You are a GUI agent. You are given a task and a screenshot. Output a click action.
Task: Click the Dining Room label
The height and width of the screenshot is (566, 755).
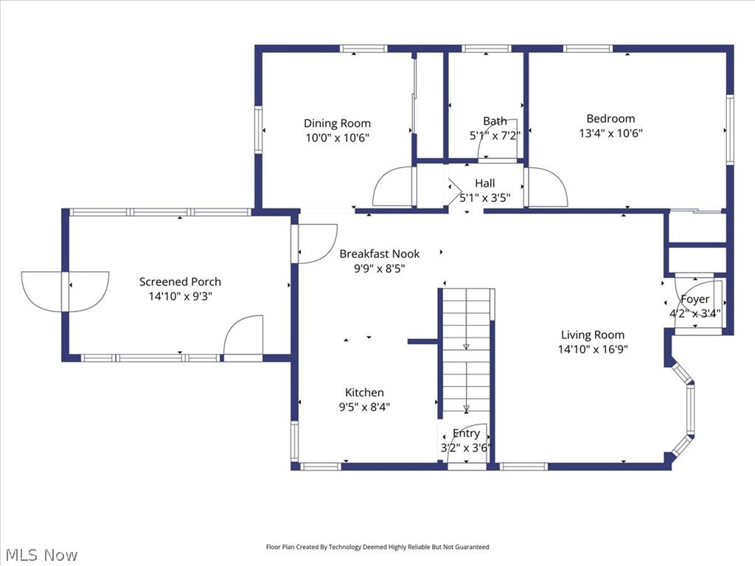pos(337,123)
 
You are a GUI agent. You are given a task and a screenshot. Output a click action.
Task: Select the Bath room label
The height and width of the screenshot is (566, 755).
pos(495,121)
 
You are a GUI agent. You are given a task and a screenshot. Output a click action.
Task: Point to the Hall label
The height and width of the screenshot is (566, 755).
pos(484,183)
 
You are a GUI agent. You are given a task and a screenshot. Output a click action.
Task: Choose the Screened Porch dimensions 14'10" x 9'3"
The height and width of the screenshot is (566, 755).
pos(180,296)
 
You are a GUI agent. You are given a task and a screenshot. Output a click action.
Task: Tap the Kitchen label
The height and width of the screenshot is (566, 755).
pos(364,393)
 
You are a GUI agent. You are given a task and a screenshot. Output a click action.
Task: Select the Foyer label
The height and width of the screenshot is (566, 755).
pos(695,299)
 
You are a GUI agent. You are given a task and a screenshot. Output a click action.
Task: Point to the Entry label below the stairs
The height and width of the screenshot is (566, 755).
pos(466,433)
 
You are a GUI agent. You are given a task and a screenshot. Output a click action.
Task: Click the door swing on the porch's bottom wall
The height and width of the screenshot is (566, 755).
pos(244,337)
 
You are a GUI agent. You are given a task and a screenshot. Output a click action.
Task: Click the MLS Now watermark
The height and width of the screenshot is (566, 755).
pos(41,554)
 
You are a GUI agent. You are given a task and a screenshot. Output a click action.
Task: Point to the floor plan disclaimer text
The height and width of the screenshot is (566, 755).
pos(377,547)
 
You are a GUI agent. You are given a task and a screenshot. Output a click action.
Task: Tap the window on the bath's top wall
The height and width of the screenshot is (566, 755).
pos(487,49)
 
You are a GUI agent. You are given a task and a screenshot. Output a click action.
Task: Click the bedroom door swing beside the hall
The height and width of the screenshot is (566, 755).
pos(546,188)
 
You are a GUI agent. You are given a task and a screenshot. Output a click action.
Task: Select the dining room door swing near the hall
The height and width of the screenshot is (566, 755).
pos(394,188)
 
